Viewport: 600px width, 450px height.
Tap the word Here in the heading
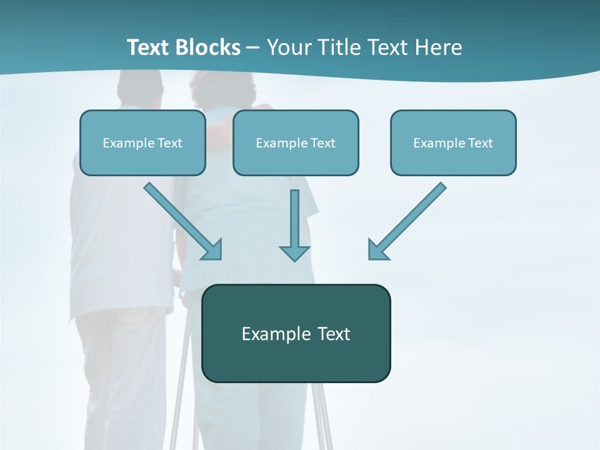click(439, 47)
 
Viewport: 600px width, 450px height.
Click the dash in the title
click(253, 48)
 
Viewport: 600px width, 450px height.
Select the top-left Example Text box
click(142, 142)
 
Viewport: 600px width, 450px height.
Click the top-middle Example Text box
click(296, 142)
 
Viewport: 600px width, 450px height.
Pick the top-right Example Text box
click(453, 142)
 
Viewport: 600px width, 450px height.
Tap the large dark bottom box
click(296, 333)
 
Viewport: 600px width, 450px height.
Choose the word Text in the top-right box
click(480, 142)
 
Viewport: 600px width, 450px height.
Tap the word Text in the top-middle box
click(322, 142)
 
